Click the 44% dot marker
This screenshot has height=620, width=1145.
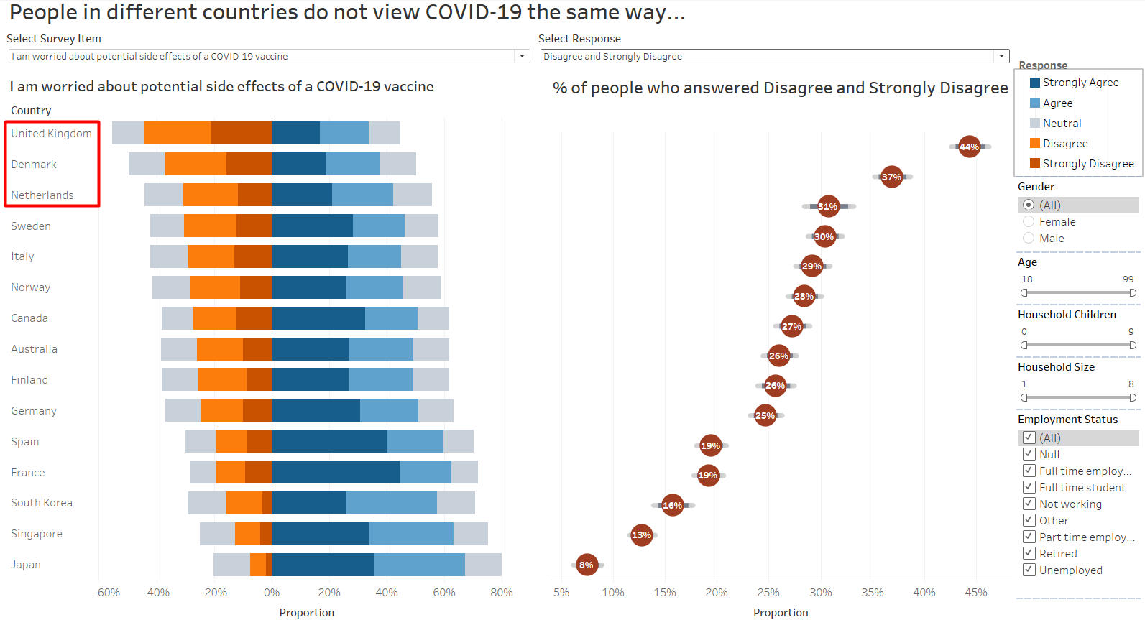[969, 147]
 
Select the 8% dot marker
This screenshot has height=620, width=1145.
[587, 565]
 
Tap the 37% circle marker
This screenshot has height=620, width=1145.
[891, 177]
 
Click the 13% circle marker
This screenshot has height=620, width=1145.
[641, 535]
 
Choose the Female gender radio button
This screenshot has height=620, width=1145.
[1029, 221]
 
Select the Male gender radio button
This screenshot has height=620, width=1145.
[1029, 238]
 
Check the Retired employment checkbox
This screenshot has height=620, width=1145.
[1029, 553]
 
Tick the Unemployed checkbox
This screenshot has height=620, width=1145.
[1029, 570]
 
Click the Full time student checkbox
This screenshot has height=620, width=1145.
[1029, 487]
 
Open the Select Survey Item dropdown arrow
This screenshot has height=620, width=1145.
[522, 56]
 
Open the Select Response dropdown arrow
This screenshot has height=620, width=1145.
[1001, 56]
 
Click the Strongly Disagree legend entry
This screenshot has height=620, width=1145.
[1082, 163]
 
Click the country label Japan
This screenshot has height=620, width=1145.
[26, 565]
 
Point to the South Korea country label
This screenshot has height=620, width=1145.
[42, 503]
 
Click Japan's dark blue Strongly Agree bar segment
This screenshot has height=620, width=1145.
[322, 565]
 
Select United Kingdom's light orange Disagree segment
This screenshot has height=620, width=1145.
[178, 133]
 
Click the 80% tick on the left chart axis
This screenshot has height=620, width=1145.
[501, 593]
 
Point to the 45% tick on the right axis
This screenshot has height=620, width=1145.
[975, 593]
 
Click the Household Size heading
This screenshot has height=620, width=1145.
[1056, 366]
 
